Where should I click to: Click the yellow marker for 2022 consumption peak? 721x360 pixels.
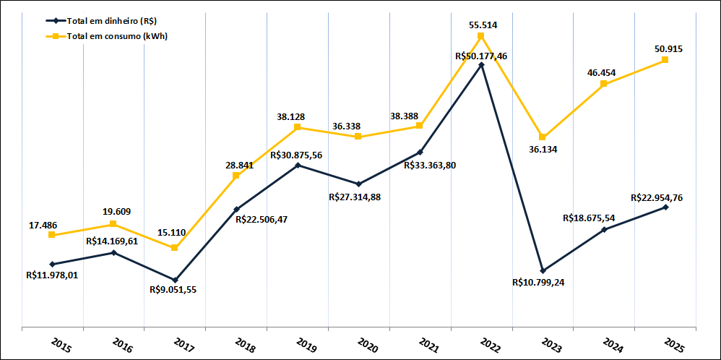tap(481, 36)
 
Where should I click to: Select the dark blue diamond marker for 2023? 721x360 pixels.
tap(543, 270)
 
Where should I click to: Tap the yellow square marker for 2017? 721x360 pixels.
tap(175, 248)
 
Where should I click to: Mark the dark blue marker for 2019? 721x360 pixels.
tap(298, 166)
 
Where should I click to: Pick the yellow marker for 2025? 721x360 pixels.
tap(665, 59)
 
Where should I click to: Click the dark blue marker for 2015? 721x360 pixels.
tap(52, 264)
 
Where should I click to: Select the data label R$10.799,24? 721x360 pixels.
tap(537, 283)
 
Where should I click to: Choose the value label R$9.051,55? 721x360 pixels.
tap(173, 290)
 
